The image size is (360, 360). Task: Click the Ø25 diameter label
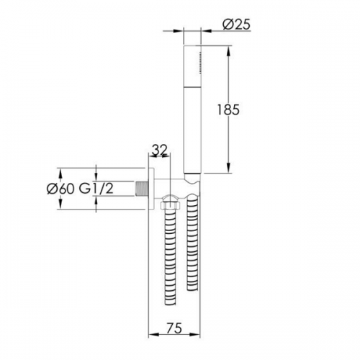(x=236, y=24)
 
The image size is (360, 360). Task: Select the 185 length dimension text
(x=228, y=109)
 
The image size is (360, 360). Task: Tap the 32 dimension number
(x=160, y=150)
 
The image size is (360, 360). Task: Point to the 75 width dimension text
(x=174, y=328)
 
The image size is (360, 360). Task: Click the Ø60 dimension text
(x=60, y=189)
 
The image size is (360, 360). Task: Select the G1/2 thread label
(x=96, y=189)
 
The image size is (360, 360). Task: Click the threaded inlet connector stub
(x=142, y=189)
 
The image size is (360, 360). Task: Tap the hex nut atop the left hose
(x=170, y=206)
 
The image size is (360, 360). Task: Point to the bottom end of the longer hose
(x=171, y=303)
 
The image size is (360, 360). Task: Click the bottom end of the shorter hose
(x=193, y=289)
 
